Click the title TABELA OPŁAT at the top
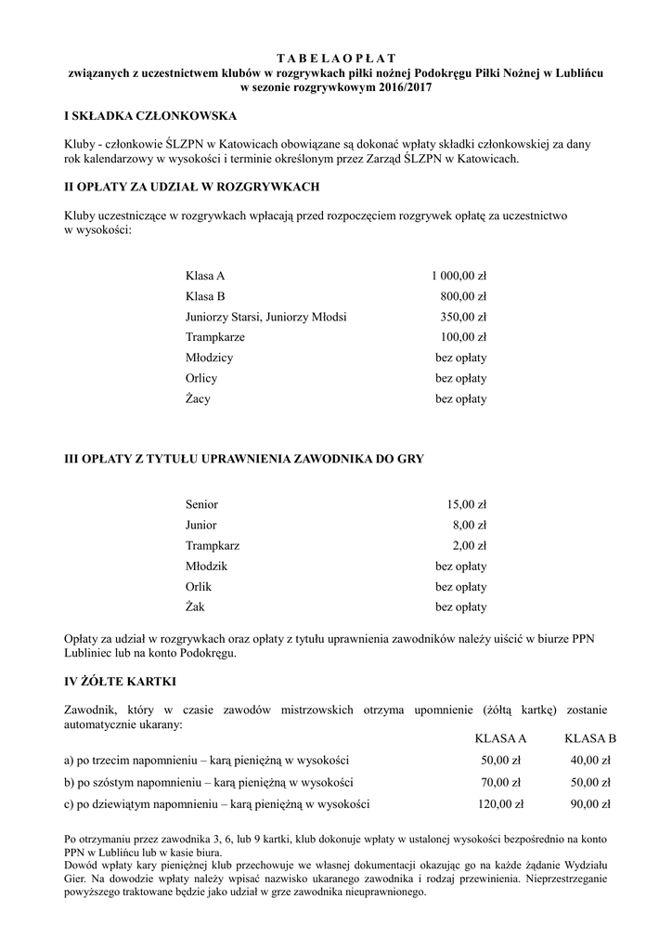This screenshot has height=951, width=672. (x=336, y=58)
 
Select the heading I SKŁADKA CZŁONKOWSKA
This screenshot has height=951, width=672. (x=149, y=116)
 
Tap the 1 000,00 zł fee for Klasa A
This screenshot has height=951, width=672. (x=459, y=276)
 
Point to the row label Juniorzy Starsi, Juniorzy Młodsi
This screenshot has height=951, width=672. (x=265, y=317)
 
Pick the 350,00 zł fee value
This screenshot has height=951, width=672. (x=463, y=317)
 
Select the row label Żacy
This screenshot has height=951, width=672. (x=198, y=399)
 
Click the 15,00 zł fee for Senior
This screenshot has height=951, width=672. (x=466, y=504)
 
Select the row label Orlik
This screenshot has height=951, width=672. (x=199, y=587)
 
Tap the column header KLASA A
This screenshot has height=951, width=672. (x=500, y=738)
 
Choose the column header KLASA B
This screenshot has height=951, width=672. (x=590, y=738)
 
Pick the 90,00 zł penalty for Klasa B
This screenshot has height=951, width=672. (x=591, y=803)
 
